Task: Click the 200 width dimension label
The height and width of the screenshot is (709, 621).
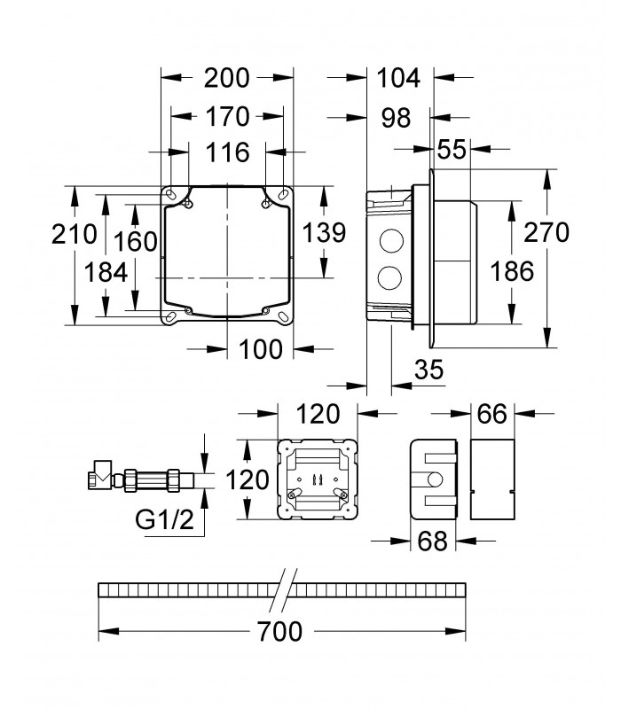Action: coord(226,78)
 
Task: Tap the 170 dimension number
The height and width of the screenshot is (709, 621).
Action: coord(227,117)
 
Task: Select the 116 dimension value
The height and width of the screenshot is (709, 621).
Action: coord(227,152)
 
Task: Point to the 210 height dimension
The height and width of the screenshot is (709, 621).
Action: coord(74,234)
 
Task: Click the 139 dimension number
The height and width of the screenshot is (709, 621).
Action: coord(324,233)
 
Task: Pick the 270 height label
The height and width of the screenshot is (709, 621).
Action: coord(546,232)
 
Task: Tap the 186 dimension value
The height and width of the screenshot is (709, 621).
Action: coord(512,272)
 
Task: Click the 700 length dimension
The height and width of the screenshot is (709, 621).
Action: coord(279,631)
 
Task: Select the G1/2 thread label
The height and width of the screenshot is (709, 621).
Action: coord(164,520)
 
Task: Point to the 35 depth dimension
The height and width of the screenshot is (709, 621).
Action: coord(429,370)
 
